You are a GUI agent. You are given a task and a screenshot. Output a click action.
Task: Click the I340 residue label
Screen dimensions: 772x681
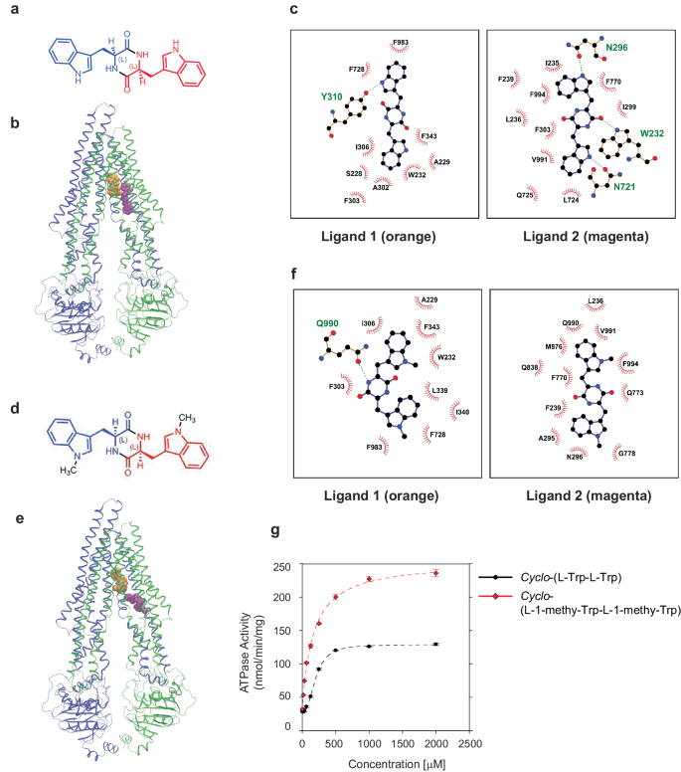(458, 409)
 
